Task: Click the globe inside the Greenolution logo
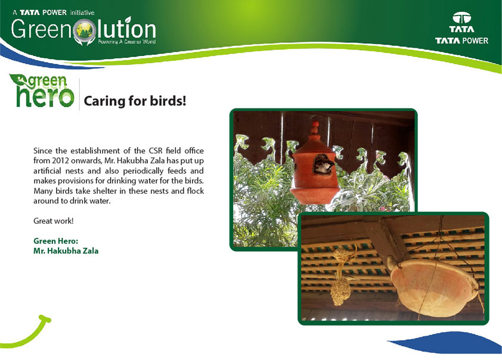click(85, 30)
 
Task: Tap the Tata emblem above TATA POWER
click(461, 18)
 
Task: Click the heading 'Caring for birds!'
click(135, 101)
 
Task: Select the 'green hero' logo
click(42, 91)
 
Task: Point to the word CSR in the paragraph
click(156, 150)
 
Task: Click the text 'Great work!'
click(54, 221)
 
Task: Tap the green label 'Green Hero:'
click(55, 241)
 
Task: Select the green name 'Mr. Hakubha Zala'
click(66, 250)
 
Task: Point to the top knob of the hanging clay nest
click(315, 128)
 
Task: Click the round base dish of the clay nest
click(314, 195)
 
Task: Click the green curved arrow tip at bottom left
click(45, 319)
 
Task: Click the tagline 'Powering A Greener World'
click(126, 42)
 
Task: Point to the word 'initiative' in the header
click(82, 13)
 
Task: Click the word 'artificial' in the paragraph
click(47, 170)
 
